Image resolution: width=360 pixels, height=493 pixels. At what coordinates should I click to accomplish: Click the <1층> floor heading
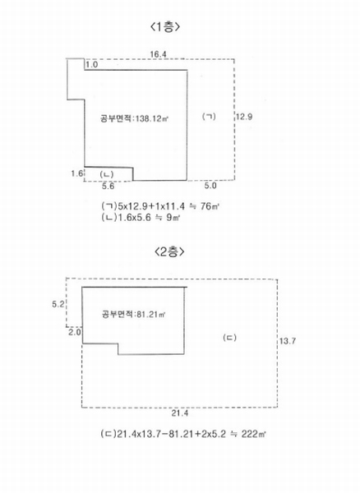[x=165, y=27]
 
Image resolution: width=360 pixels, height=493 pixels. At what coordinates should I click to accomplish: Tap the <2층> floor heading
[x=169, y=251]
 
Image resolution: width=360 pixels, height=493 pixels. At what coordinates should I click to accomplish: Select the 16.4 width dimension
[x=158, y=54]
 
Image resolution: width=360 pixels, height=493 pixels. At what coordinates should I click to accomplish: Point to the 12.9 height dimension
[x=244, y=117]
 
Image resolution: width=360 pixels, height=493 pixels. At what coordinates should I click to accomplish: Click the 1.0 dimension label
[x=92, y=65]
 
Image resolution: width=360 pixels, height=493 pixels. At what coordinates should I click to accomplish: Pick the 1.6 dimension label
[x=76, y=173]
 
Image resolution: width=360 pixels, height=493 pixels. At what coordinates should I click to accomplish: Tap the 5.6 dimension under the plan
[x=108, y=187]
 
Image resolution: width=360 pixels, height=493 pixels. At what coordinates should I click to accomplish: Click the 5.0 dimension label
[x=210, y=186]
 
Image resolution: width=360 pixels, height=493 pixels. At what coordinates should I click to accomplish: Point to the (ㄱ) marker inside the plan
[x=209, y=117]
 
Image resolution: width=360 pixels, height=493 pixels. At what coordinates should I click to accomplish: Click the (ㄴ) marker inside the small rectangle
[x=107, y=174]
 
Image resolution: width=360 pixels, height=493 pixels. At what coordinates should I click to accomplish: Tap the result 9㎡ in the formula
[x=173, y=217]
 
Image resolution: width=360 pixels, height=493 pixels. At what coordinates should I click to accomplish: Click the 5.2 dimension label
[x=58, y=304]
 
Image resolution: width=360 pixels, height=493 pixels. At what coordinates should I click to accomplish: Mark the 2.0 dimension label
[x=75, y=332]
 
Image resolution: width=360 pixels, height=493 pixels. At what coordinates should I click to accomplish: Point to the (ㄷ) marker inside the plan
[x=229, y=338]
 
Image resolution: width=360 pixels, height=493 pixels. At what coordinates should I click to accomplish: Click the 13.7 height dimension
[x=288, y=341]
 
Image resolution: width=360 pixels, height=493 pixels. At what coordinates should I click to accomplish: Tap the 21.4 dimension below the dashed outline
[x=180, y=413]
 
